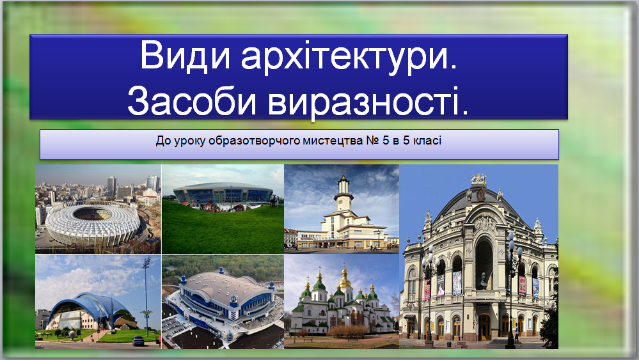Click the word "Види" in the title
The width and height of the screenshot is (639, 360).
pyautogui.click(x=185, y=55)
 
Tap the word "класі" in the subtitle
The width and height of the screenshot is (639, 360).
pyautogui.click(x=427, y=141)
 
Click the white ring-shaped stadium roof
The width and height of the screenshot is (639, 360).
pyautogui.click(x=92, y=223)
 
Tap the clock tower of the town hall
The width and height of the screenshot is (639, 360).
pyautogui.click(x=343, y=194)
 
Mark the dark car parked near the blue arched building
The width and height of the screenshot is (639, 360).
pyautogui.click(x=138, y=341)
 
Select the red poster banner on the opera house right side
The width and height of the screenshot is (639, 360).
pyautogui.click(x=522, y=285)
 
